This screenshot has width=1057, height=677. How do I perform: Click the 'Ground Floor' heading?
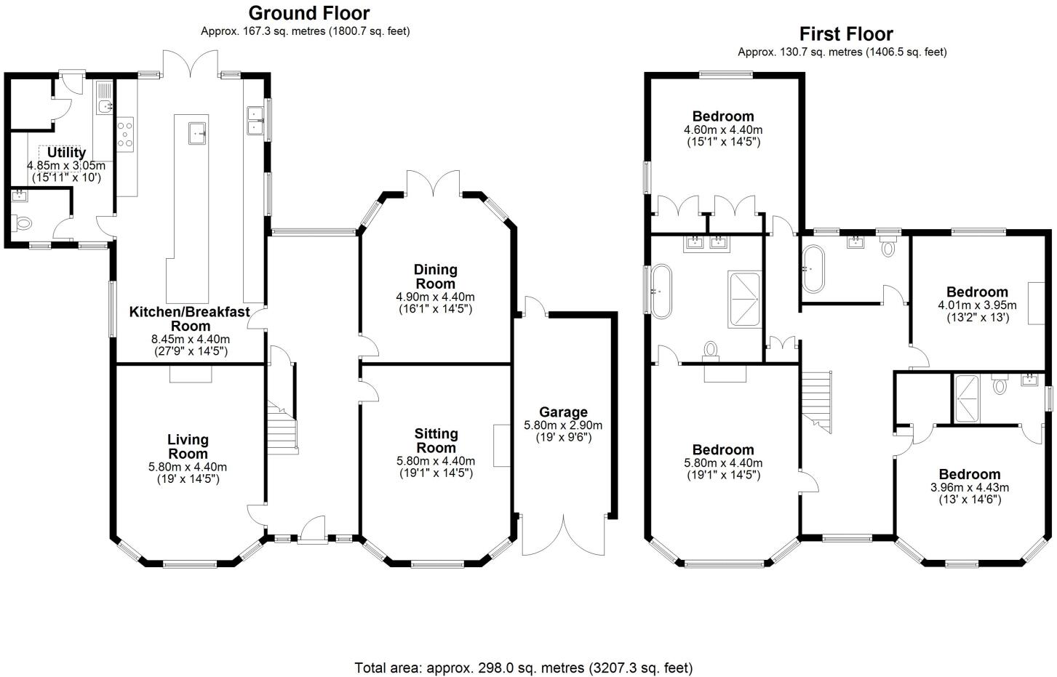[308, 13]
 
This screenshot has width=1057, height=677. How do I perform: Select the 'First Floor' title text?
[845, 33]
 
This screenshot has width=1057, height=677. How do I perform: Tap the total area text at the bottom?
[523, 667]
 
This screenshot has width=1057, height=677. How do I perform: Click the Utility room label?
[66, 153]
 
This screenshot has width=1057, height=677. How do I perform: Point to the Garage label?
[563, 412]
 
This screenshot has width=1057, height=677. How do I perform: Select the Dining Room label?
[435, 276]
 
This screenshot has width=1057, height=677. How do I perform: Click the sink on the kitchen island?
[197, 133]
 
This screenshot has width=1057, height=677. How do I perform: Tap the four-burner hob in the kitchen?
[125, 134]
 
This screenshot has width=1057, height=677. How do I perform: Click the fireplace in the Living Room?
[191, 373]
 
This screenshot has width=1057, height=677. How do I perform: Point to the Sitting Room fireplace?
[500, 445]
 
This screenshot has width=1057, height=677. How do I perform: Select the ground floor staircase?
[282, 429]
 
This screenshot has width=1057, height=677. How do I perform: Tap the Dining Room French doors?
[434, 183]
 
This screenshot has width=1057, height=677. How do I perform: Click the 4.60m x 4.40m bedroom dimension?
[722, 130]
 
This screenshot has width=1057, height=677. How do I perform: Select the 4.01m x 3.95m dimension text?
[973, 305]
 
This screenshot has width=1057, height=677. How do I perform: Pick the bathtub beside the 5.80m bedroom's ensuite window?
[661, 291]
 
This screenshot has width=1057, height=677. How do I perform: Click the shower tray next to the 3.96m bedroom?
[966, 398]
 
